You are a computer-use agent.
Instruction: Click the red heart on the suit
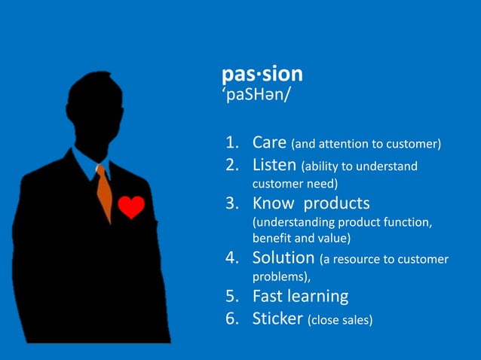click(131, 206)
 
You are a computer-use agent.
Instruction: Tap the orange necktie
click(104, 193)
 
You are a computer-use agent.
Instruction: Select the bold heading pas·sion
click(262, 74)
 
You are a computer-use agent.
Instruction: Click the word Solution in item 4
click(283, 258)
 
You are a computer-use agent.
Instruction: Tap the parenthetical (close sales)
click(339, 319)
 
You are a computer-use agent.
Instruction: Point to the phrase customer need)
click(295, 183)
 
